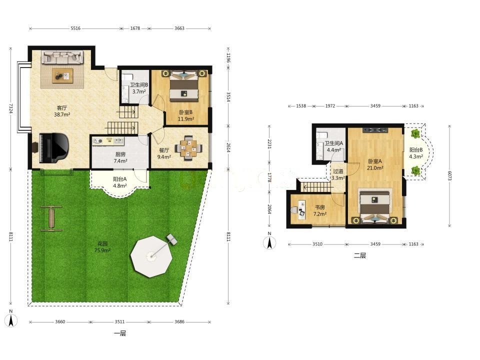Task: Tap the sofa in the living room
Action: (x=62, y=57)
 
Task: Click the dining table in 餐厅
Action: (x=188, y=148)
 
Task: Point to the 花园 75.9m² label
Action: (x=102, y=247)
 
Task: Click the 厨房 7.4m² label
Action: (x=120, y=157)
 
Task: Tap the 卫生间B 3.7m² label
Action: (x=138, y=88)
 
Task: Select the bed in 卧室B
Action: (x=184, y=86)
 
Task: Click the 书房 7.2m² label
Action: (x=319, y=210)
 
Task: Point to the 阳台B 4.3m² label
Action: (x=416, y=153)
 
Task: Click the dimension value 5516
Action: (x=75, y=28)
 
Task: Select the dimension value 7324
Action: (x=10, y=108)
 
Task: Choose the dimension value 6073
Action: (x=449, y=175)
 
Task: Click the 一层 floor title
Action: (x=120, y=333)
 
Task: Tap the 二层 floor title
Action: (x=360, y=255)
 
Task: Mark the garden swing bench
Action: (x=51, y=218)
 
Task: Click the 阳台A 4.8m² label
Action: (x=119, y=182)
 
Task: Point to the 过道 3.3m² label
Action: (x=338, y=174)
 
